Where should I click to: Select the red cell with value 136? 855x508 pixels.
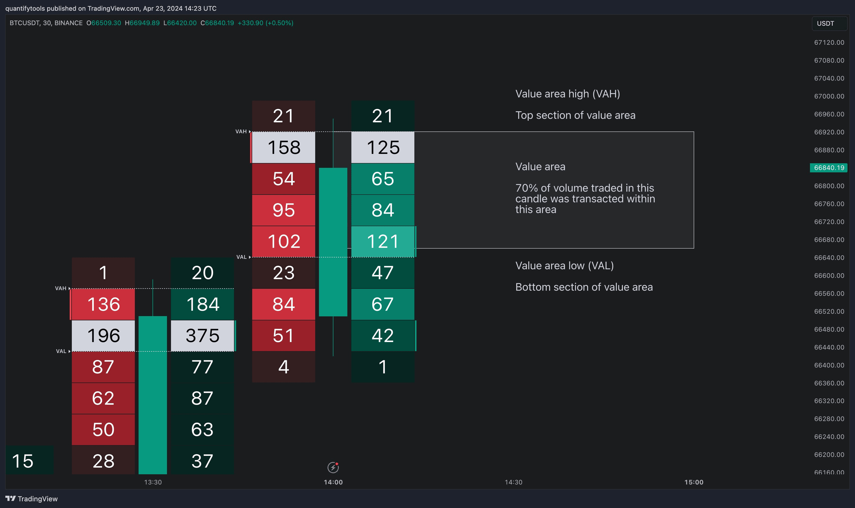(x=103, y=304)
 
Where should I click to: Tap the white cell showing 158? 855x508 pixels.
(x=284, y=147)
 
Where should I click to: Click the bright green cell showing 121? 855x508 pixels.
(x=383, y=241)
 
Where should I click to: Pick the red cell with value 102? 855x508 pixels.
(x=284, y=241)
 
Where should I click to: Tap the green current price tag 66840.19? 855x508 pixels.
(x=829, y=168)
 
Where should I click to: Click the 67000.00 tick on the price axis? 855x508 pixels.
(x=829, y=96)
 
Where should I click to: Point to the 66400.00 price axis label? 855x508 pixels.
(x=829, y=365)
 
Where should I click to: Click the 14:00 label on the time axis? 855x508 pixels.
(x=333, y=482)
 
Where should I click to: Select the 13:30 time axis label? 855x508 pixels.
(x=153, y=482)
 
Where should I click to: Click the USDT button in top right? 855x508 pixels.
(x=829, y=24)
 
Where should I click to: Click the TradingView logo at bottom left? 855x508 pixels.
(x=32, y=499)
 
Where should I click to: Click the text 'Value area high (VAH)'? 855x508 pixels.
(x=567, y=94)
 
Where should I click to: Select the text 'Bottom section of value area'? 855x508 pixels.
(x=584, y=287)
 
